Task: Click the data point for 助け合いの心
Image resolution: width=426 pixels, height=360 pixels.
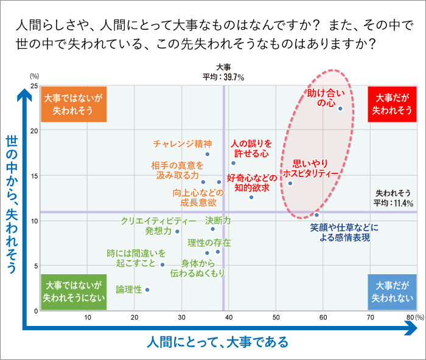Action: pyautogui.click(x=340, y=109)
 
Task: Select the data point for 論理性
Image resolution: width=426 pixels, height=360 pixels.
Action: pyautogui.click(x=147, y=289)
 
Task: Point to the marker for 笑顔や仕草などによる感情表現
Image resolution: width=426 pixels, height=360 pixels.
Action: pyautogui.click(x=316, y=215)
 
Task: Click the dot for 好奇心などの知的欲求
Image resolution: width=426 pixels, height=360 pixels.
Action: pyautogui.click(x=251, y=196)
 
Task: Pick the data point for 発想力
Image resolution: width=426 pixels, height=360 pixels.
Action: pyautogui.click(x=177, y=231)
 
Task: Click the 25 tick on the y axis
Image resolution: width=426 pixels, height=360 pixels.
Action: pyautogui.click(x=35, y=86)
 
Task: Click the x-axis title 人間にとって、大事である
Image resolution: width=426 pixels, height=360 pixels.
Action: pyautogui.click(x=217, y=342)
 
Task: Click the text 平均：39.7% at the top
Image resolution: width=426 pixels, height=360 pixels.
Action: pyautogui.click(x=223, y=77)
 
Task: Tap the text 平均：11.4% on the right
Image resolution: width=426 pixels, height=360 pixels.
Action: pyautogui.click(x=393, y=202)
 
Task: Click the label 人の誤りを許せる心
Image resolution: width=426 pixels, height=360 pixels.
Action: pyautogui.click(x=250, y=148)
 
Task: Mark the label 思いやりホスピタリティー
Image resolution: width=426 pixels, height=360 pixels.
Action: pyautogui.click(x=310, y=168)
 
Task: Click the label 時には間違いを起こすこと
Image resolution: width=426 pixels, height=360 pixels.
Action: pyautogui.click(x=136, y=258)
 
